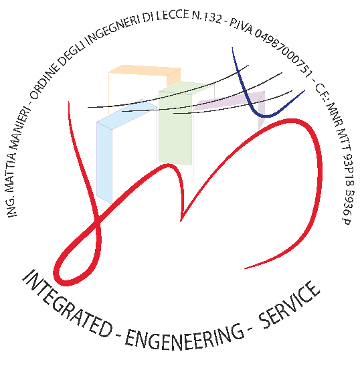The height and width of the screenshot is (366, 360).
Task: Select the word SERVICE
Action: point(290,306)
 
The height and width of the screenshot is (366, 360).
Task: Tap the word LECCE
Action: point(173,15)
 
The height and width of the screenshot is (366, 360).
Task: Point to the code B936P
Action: point(348,207)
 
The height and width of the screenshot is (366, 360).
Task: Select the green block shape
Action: point(175,124)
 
